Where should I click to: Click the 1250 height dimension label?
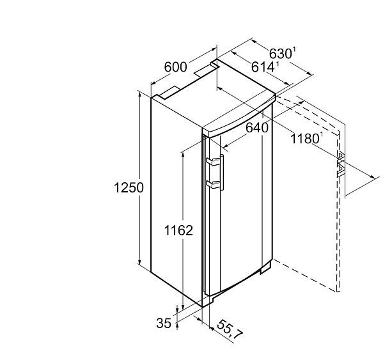click(129, 188)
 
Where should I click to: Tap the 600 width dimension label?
click(175, 67)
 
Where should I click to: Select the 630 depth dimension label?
click(281, 53)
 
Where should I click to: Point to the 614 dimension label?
click(262, 67)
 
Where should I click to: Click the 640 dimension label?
click(257, 128)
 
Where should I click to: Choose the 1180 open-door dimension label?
click(305, 139)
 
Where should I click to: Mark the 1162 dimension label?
click(178, 230)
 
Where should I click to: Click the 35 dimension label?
click(164, 323)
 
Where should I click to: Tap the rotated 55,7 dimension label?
click(229, 330)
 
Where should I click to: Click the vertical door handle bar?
click(222, 172)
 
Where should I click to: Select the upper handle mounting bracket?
click(213, 162)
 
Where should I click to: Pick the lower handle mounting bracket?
click(213, 184)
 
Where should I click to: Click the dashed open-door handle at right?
click(341, 164)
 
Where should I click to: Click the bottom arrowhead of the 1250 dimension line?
click(140, 262)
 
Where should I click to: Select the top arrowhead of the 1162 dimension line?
click(184, 155)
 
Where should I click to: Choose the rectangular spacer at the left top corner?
click(169, 93)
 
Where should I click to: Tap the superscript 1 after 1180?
click(322, 136)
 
